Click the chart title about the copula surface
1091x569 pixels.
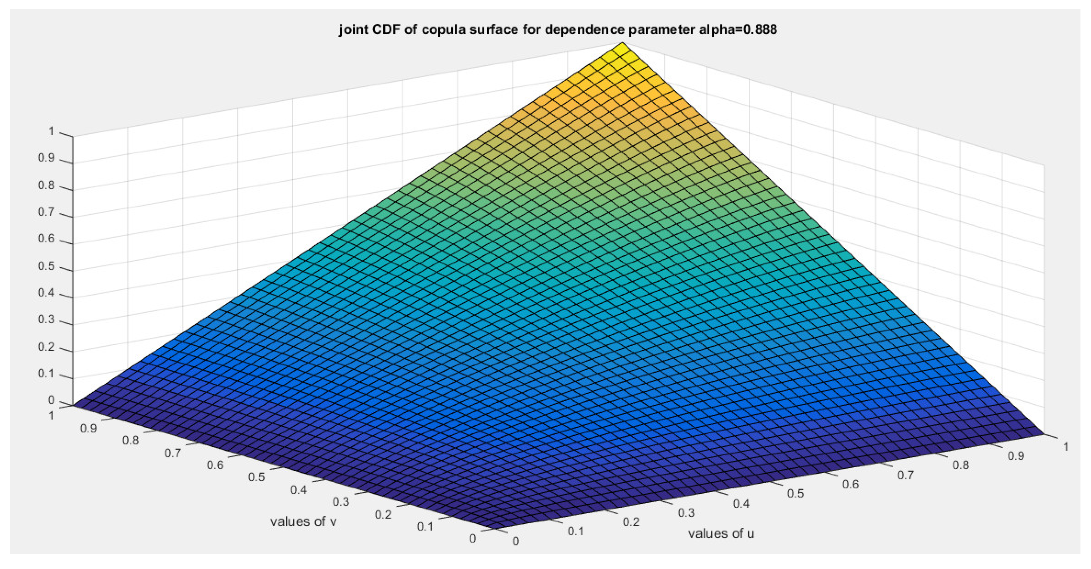[x=557, y=30]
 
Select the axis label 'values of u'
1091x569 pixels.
[x=721, y=534]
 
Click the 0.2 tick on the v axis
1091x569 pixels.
[x=383, y=515]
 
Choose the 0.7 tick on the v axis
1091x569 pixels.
[x=172, y=453]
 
